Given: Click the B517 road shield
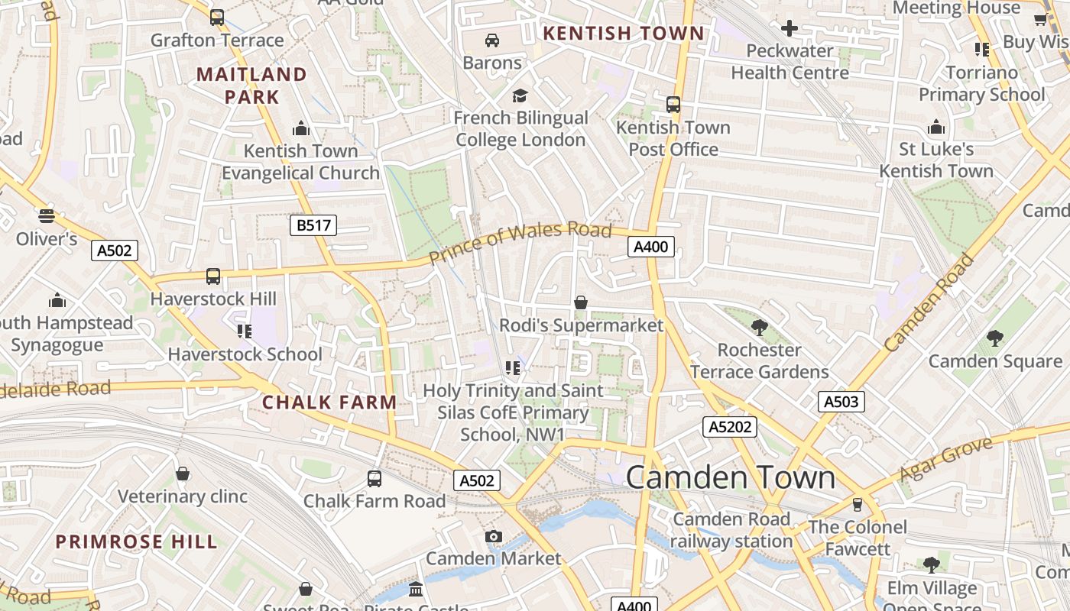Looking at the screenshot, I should coord(313,225).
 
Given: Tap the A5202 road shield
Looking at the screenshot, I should coord(730,427).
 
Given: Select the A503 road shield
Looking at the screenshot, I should coord(841,402).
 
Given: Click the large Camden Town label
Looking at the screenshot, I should coord(730,477).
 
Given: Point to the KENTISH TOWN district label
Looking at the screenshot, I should coord(623,33).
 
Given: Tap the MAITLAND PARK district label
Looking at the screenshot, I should coord(251,86).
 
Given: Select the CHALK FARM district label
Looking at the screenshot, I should coord(329,402).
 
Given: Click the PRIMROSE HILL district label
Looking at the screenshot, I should coord(136,542).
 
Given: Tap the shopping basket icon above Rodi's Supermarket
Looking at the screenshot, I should coord(581,303).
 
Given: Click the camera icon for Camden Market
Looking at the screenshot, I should coord(494,536).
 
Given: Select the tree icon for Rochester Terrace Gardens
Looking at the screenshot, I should coord(759,328).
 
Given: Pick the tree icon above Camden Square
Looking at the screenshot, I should coord(994,338).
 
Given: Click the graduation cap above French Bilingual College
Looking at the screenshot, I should coord(520,95).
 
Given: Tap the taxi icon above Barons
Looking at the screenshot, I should coord(492,40).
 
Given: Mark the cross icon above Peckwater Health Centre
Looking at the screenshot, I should coord(790,29).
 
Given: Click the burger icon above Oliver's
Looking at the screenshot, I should coord(47,216).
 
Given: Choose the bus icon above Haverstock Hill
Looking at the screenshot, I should coord(213,276).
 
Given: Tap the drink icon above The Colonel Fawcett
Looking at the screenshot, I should coord(857,504).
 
